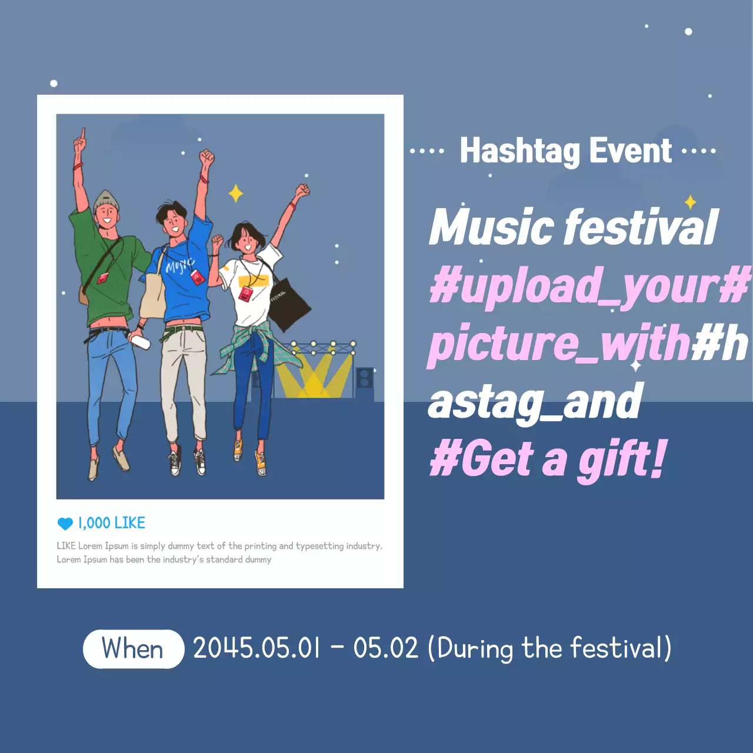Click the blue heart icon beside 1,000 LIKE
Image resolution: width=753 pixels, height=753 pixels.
coord(65,523)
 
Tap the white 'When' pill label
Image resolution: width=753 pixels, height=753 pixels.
coord(134,649)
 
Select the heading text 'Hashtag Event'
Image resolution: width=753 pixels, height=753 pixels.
coord(565,151)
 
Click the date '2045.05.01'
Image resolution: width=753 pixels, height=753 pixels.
coord(256,648)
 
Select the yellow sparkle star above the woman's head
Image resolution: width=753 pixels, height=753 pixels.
coord(236,193)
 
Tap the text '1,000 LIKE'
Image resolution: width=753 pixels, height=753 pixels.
coord(112,523)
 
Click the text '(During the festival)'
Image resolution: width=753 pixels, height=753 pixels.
coord(549,648)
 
